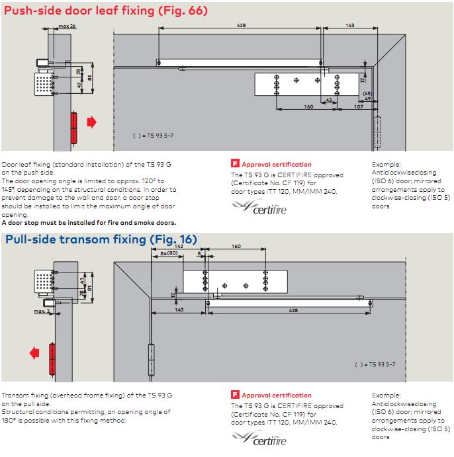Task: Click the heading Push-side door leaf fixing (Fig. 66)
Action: point(106,11)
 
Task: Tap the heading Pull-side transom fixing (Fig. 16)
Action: point(101,239)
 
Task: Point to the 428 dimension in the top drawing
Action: point(242,26)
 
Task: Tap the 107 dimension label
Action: point(358,106)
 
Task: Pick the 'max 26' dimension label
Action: point(67,26)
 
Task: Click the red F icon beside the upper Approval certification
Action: point(234,164)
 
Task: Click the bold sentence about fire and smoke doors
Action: point(89,223)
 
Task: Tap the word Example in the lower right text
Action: point(386,395)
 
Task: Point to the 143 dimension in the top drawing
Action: point(349,26)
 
